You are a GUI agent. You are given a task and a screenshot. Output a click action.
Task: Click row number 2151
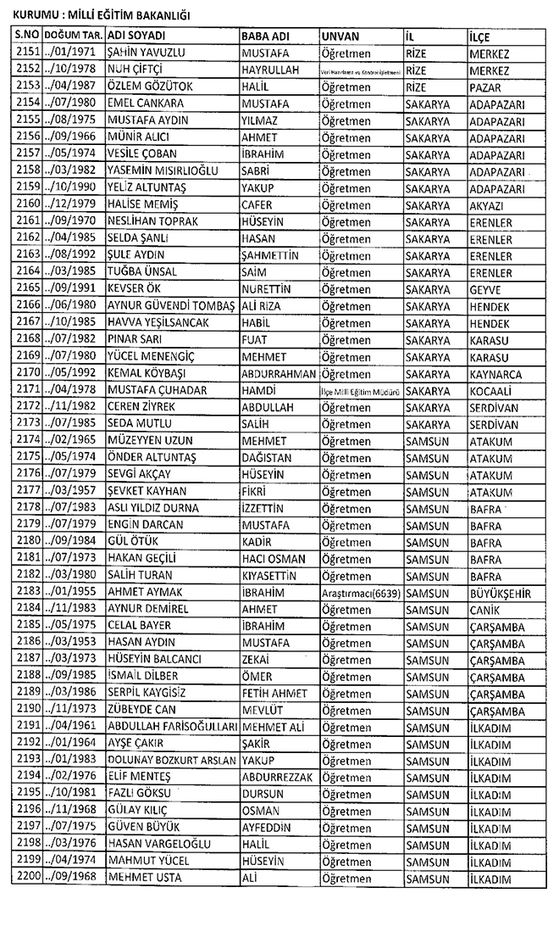(28, 53)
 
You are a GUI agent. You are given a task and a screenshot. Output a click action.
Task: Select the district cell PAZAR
(485, 87)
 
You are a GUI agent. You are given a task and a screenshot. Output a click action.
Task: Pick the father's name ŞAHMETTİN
(277, 254)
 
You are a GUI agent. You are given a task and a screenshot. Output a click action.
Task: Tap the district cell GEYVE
(485, 288)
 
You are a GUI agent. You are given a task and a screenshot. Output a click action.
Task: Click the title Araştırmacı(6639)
(361, 591)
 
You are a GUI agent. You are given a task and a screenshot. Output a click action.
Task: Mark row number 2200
(28, 877)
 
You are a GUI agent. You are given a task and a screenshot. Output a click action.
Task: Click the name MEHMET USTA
(145, 877)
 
